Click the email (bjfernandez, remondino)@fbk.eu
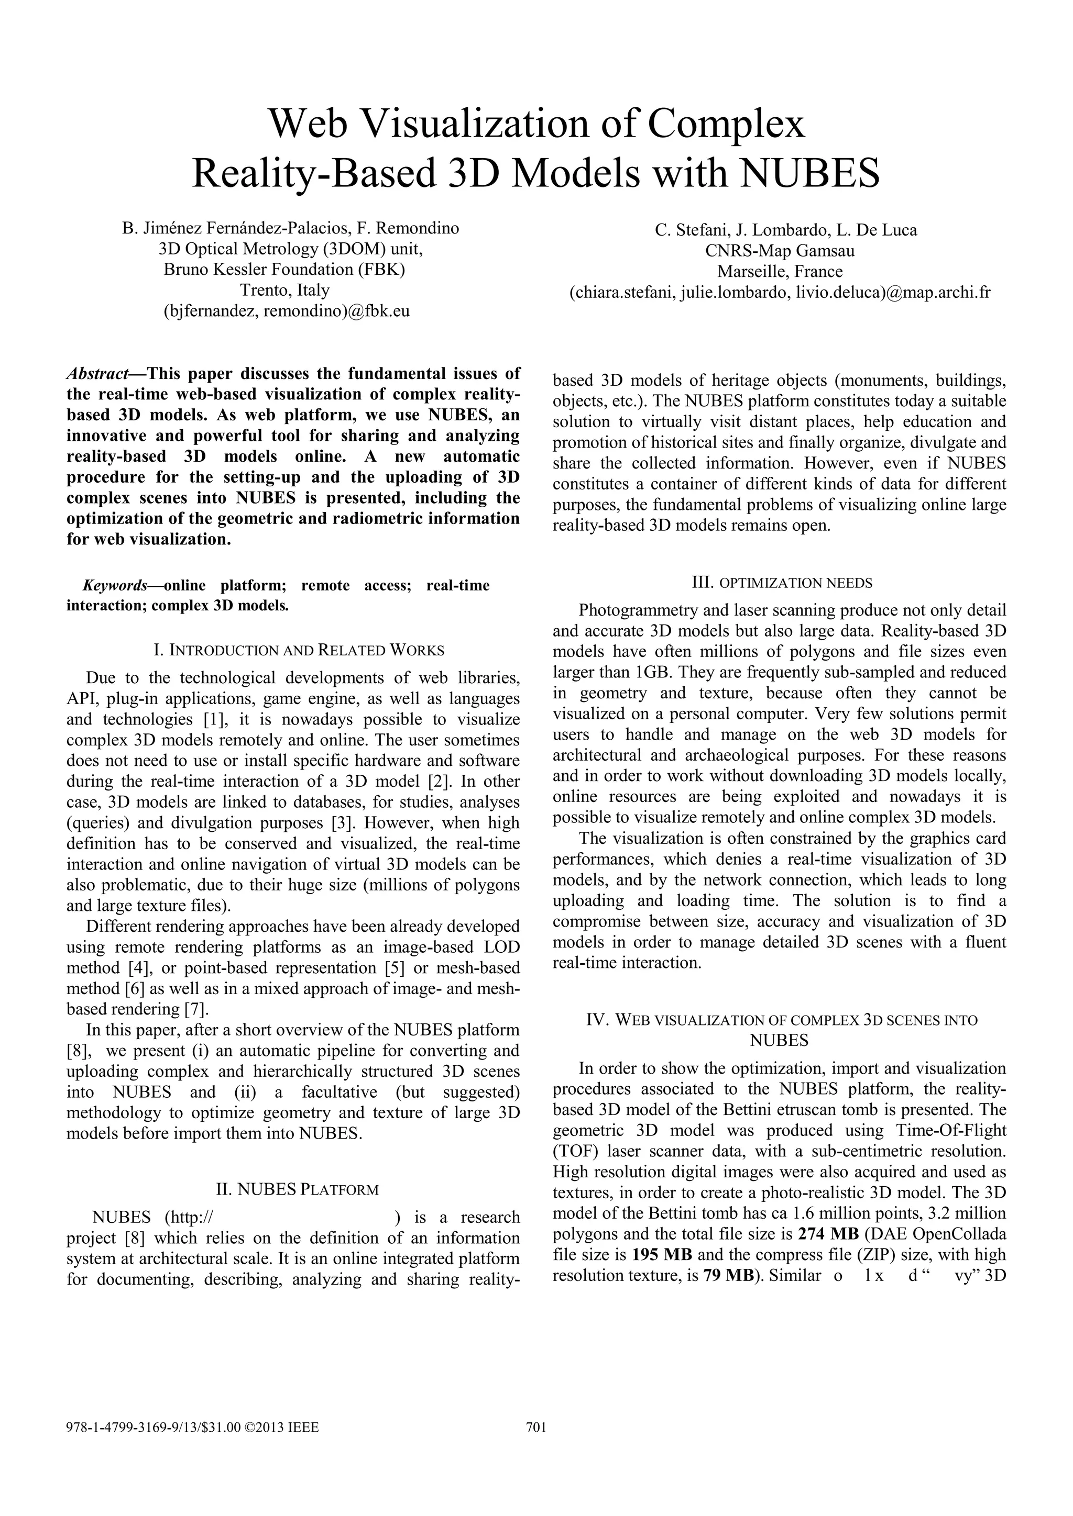[x=286, y=310]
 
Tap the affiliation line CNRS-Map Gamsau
[x=780, y=251]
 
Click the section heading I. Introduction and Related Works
[x=299, y=650]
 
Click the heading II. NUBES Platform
[x=297, y=1190]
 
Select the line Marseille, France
[x=780, y=271]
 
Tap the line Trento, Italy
[x=285, y=290]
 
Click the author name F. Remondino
[x=408, y=228]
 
